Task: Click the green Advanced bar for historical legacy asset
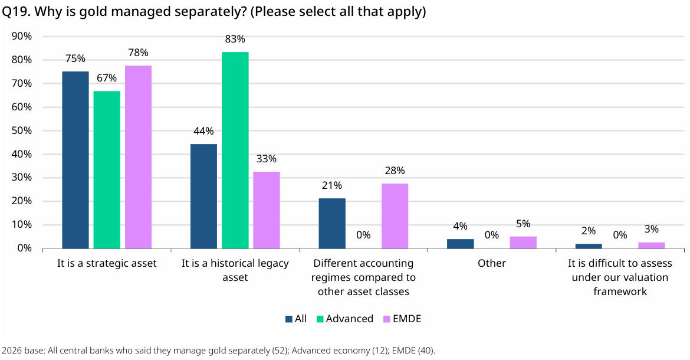pos(235,150)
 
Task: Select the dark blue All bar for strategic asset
pos(75,160)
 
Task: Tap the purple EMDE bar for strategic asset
pos(138,157)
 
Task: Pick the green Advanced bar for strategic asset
pos(107,170)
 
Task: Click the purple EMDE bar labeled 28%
pos(395,216)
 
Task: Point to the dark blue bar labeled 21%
pos(332,224)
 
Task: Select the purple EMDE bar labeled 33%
pos(267,210)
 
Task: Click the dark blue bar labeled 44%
pos(203,197)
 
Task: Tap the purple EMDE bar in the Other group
pos(523,243)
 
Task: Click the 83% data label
pos(235,39)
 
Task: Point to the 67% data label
pos(107,78)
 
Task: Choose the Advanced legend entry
pos(345,319)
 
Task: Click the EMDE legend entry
pos(402,319)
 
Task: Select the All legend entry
pos(296,319)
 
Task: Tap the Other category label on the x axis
pos(492,263)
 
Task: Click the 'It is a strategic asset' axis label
pos(107,264)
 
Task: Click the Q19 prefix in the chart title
pos(16,12)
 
